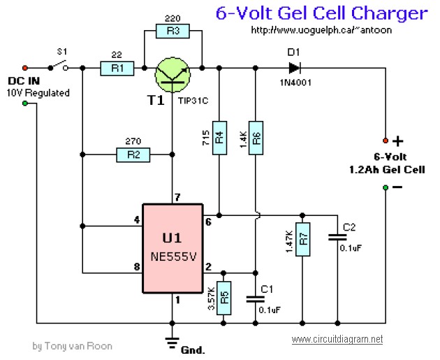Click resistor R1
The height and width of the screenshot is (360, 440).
coord(117,69)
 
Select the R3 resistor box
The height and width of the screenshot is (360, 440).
coord(173,31)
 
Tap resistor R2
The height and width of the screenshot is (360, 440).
coord(133,154)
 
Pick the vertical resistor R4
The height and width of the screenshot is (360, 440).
coord(219,138)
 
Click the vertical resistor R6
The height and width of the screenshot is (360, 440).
coord(256,138)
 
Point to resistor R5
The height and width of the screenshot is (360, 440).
coord(224,298)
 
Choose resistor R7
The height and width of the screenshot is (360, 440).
coord(303,239)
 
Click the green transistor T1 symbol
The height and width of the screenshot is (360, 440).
coord(173,75)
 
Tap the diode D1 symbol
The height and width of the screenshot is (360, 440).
coord(295,68)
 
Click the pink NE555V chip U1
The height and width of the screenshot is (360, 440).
coord(173,249)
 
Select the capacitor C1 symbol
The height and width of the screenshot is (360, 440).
coord(256,299)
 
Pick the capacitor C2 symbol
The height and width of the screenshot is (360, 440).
coord(337,238)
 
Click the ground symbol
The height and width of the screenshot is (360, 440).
coord(173,343)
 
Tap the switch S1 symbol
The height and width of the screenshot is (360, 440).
coord(58,66)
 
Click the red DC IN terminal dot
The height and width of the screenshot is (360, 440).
coord(25,68)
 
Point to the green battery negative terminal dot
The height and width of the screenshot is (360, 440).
coord(386,187)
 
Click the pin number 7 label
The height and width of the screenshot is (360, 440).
coord(177,197)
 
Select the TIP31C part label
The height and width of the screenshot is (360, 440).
coord(193,101)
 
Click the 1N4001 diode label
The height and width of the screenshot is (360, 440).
coord(295,82)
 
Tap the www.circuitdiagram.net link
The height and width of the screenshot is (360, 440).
coord(337,339)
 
